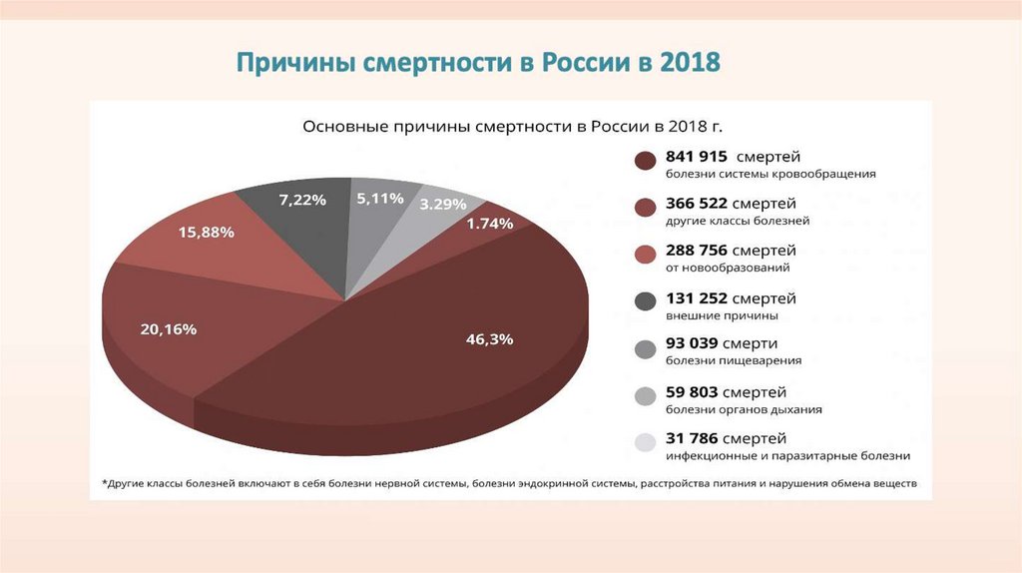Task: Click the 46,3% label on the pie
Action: [489, 339]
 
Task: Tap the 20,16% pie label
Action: [169, 328]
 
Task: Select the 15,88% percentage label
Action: [207, 233]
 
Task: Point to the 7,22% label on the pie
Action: [302, 200]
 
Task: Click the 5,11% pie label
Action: [380, 199]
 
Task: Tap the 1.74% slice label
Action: [490, 225]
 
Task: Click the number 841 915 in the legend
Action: [700, 157]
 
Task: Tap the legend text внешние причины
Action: [709, 315]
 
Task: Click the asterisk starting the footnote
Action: [105, 483]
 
